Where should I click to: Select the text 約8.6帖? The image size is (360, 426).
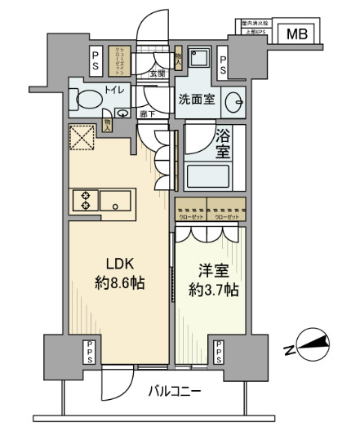click(x=120, y=286)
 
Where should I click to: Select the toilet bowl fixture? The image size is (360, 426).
click(x=86, y=100)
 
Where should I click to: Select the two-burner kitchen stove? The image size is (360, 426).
click(x=83, y=201)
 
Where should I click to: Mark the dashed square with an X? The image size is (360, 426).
click(x=82, y=138)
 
